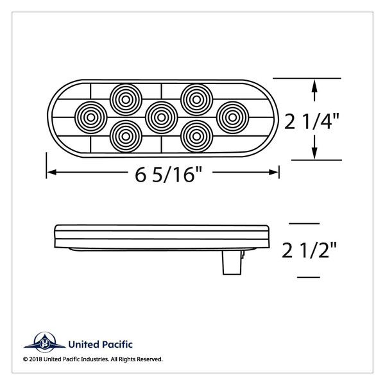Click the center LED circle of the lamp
click(x=162, y=116)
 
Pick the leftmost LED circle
click(x=90, y=116)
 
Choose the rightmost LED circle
click(x=232, y=116)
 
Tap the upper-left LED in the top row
click(x=126, y=98)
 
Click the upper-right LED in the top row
click(x=197, y=98)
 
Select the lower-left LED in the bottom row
click(x=126, y=133)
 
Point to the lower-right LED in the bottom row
click(x=197, y=133)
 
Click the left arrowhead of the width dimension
click(x=50, y=172)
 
